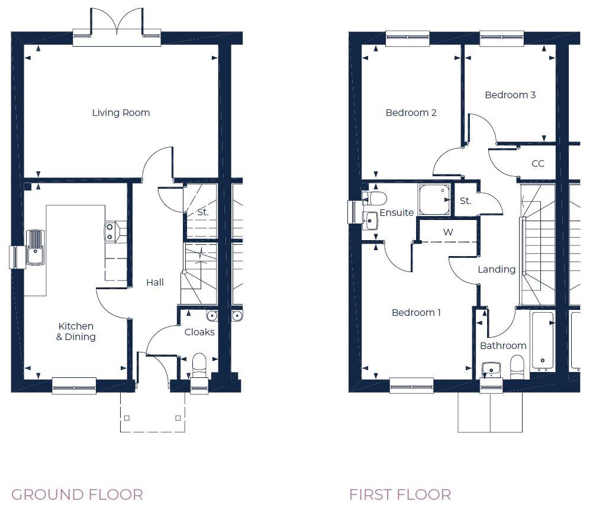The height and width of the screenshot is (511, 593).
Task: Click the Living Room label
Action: [x=121, y=112]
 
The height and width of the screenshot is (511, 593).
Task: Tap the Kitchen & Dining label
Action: [x=76, y=331]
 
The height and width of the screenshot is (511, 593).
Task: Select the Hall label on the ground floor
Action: [x=155, y=283]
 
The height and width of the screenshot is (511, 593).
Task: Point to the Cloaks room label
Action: [x=199, y=332]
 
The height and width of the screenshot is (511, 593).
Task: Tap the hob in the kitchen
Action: [x=110, y=231]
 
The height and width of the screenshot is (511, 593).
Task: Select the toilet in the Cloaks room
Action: [x=199, y=364]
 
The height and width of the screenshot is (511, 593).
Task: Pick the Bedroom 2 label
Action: [x=411, y=112]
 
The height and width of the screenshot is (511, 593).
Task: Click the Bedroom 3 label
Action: [x=510, y=95]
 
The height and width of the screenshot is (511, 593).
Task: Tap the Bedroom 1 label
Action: [x=416, y=312]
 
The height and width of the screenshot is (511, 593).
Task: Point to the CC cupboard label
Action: [x=537, y=164]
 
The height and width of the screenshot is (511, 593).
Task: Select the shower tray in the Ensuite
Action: [x=434, y=200]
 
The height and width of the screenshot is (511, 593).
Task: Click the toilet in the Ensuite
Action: [x=375, y=198]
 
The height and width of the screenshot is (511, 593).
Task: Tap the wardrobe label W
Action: [x=448, y=232]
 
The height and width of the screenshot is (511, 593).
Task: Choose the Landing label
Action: [x=497, y=269]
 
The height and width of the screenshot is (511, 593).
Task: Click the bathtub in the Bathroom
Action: [x=543, y=340]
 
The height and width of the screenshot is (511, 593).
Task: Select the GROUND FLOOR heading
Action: [x=77, y=494]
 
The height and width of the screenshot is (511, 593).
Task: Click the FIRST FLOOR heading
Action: [x=400, y=494]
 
